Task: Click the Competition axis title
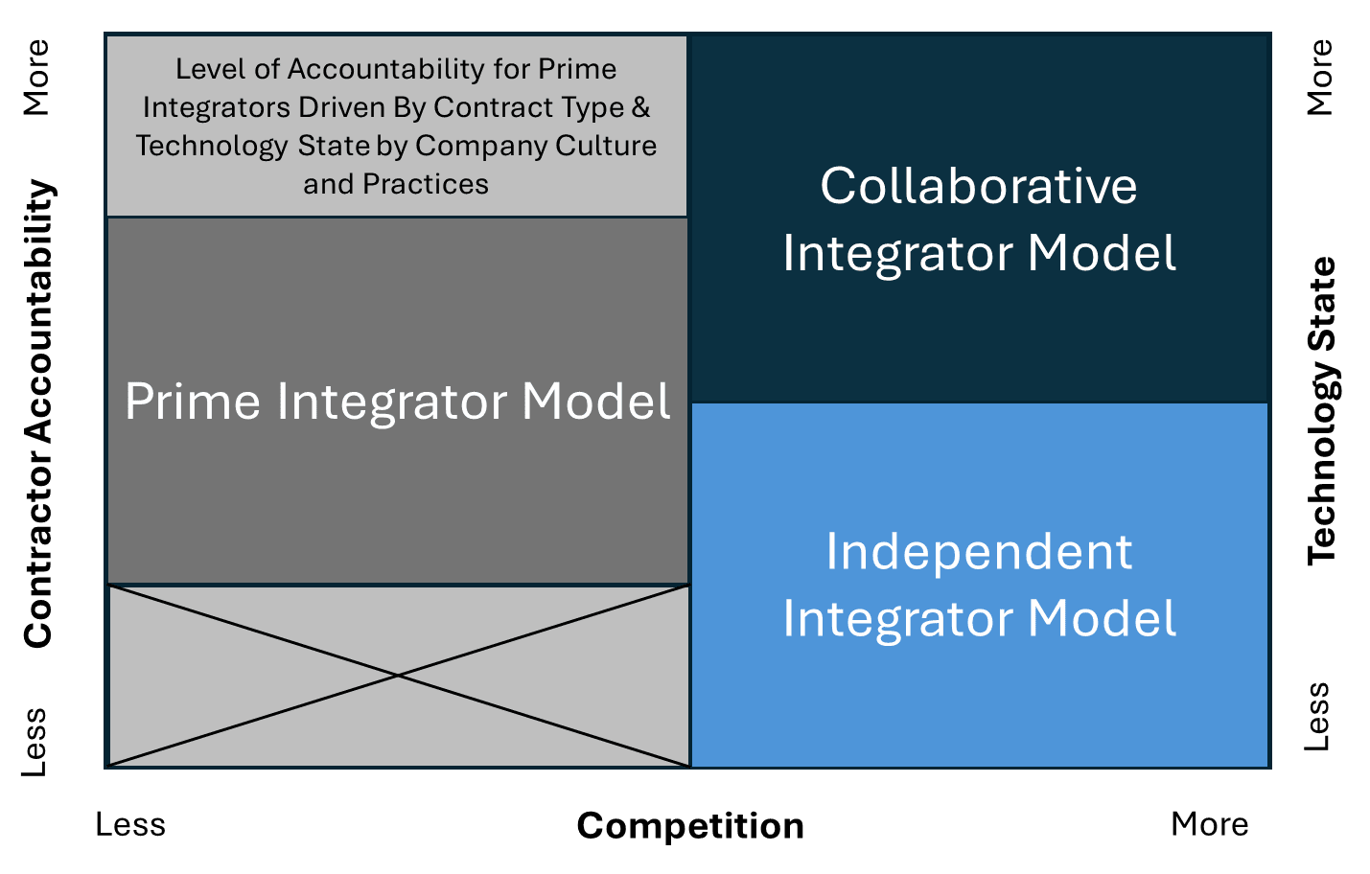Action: (x=690, y=825)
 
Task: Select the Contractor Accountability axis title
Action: (x=38, y=414)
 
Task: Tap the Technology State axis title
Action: (x=1322, y=410)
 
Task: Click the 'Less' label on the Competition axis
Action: (x=130, y=824)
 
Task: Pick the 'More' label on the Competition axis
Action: (x=1210, y=824)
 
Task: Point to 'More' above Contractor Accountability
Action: (x=35, y=78)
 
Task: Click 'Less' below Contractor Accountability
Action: (x=35, y=742)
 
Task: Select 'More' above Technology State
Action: (x=1320, y=78)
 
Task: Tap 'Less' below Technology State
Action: (x=1319, y=717)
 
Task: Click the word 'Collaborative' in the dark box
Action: (x=979, y=186)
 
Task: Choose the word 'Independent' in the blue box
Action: (x=979, y=552)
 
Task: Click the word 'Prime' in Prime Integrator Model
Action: (x=193, y=402)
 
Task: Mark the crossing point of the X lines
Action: (x=398, y=676)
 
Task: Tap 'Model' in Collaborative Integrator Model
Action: (x=1102, y=253)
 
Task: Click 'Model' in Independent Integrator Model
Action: (x=1102, y=619)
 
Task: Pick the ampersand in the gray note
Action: (x=640, y=107)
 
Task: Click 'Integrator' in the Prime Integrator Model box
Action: (x=392, y=402)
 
